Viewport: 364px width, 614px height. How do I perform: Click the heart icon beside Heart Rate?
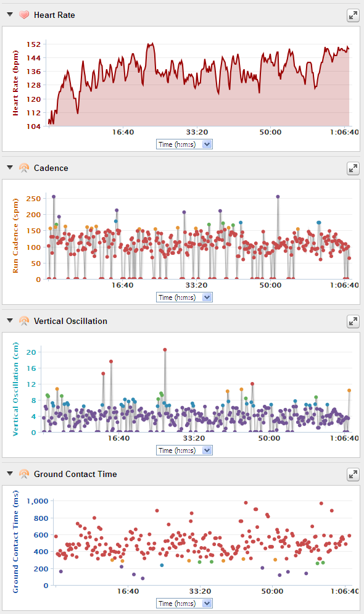24,15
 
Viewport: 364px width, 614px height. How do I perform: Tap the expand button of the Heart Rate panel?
353,15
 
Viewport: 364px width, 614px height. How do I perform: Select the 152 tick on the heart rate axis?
34,44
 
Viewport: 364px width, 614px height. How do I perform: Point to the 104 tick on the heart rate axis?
34,126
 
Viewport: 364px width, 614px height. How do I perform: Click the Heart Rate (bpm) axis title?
15,83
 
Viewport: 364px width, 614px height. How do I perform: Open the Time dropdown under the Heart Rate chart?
184,144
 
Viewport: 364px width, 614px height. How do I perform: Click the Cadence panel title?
51,168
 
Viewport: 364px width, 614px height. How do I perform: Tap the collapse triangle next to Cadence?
10,168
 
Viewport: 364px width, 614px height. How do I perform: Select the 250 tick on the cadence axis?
34,199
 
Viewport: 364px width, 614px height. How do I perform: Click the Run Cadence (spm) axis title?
15,236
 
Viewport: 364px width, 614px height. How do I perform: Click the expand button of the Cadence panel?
353,168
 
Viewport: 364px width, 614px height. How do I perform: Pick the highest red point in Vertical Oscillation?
165,350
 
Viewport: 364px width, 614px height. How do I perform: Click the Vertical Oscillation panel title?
70,321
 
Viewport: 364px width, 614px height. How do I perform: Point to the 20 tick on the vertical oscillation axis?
31,352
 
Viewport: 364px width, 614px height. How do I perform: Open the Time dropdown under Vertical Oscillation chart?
184,450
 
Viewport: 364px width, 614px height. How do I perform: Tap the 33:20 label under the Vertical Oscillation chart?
194,438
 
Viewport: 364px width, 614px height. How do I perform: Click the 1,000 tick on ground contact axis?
38,501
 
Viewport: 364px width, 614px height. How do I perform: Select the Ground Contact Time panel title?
75,474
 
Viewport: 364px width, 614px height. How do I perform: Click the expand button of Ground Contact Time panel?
353,475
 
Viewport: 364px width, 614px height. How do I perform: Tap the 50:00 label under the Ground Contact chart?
272,591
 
